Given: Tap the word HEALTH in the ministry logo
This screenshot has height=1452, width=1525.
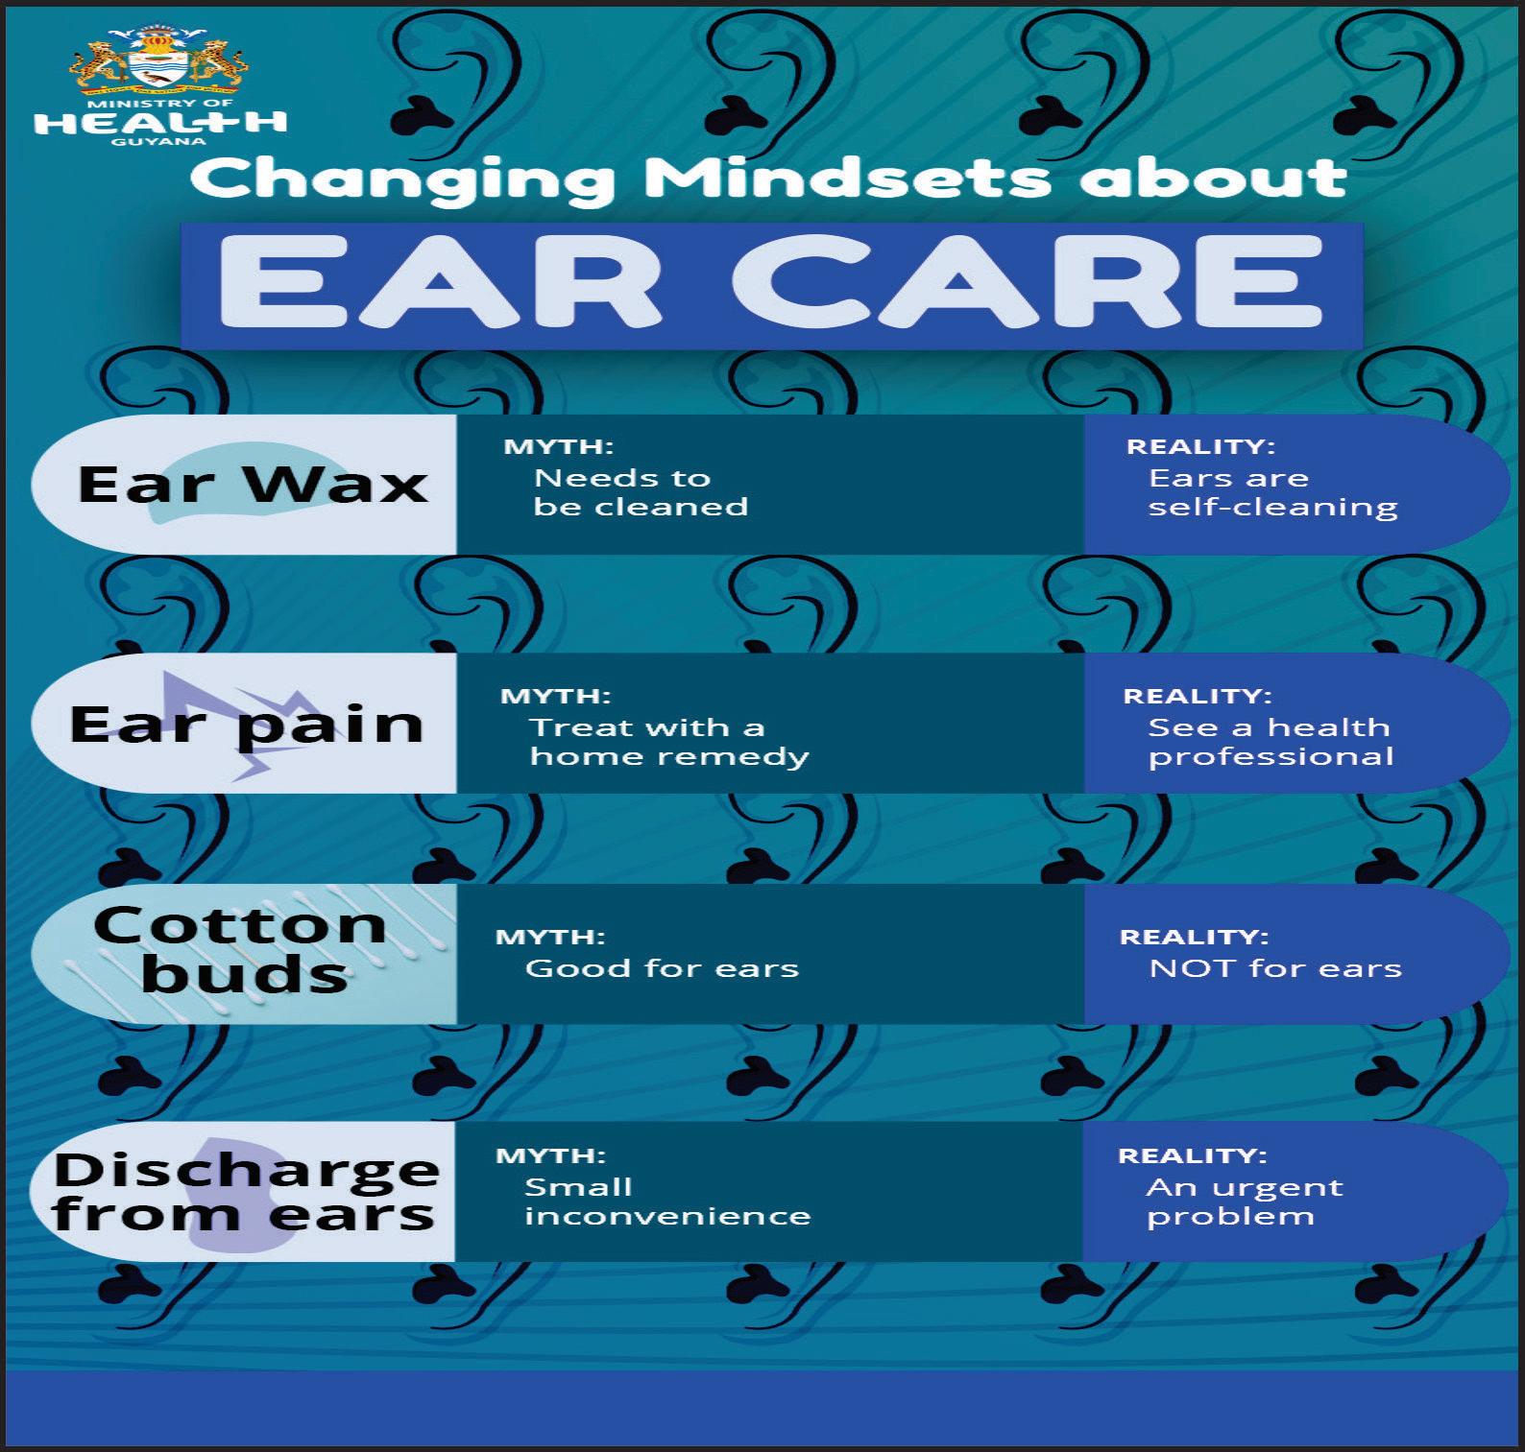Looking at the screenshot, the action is click(x=160, y=122).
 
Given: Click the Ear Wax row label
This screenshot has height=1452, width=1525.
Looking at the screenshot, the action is click(x=253, y=484).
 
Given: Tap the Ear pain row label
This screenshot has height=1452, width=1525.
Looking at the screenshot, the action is click(x=246, y=726).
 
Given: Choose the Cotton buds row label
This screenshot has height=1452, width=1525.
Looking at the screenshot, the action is click(x=241, y=950).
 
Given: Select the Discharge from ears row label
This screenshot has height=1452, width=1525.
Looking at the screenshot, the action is click(x=246, y=1191).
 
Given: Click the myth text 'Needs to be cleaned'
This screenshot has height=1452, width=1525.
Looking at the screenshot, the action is click(x=641, y=492).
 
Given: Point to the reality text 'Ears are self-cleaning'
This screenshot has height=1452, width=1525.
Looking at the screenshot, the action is click(x=1272, y=492).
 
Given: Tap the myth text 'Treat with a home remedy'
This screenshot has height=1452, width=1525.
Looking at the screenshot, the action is click(x=669, y=742).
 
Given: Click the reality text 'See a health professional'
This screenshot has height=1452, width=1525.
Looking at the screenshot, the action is click(x=1271, y=742).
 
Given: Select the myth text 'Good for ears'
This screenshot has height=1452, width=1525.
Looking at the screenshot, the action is click(x=662, y=968).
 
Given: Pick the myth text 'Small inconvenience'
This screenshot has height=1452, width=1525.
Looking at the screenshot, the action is click(x=667, y=1202).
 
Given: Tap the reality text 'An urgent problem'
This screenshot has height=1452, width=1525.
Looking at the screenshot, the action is click(x=1245, y=1202).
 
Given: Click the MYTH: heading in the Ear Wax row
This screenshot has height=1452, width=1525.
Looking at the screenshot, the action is click(x=559, y=446).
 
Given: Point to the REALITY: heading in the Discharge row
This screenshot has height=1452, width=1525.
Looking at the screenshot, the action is click(x=1192, y=1155).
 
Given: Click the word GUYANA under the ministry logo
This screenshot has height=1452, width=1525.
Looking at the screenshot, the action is click(x=158, y=142).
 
